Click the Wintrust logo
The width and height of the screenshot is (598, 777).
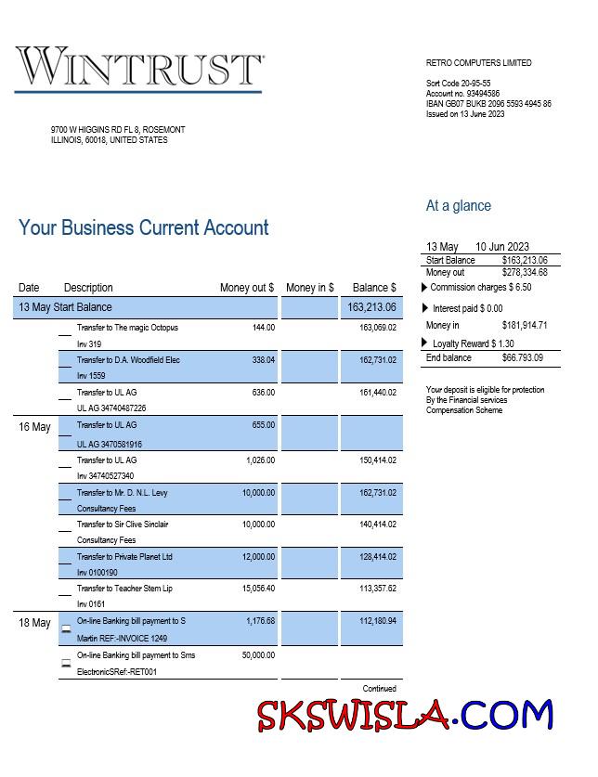(x=139, y=68)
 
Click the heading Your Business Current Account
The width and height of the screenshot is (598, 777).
(x=144, y=228)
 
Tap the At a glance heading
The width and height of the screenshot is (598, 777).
(x=459, y=206)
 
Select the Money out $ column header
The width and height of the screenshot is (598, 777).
(x=247, y=288)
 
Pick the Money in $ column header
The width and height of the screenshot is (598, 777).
(x=310, y=288)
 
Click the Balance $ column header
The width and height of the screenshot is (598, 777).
(x=374, y=288)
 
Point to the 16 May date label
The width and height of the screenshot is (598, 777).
(x=35, y=427)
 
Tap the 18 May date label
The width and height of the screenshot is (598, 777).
(x=35, y=623)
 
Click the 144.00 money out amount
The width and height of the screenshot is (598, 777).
(x=264, y=328)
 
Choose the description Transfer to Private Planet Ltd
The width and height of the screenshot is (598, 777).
(x=124, y=557)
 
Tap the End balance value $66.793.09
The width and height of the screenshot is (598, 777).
(x=523, y=358)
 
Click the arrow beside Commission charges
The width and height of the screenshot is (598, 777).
(x=425, y=288)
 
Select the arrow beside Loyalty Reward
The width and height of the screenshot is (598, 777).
(x=429, y=343)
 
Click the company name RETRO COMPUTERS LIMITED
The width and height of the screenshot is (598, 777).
(x=479, y=63)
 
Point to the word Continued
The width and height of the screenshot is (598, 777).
(x=379, y=689)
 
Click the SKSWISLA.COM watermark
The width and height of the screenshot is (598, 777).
(x=406, y=716)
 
